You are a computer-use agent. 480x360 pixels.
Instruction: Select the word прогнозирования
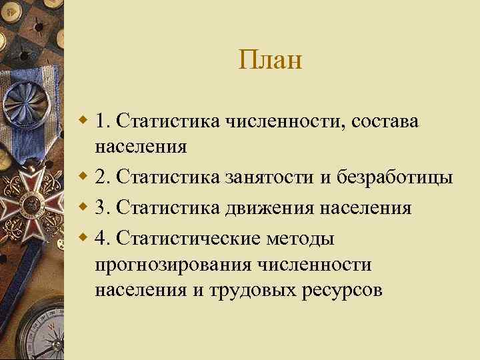click(x=175, y=265)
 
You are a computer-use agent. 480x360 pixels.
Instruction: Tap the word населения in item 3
click(x=367, y=208)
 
